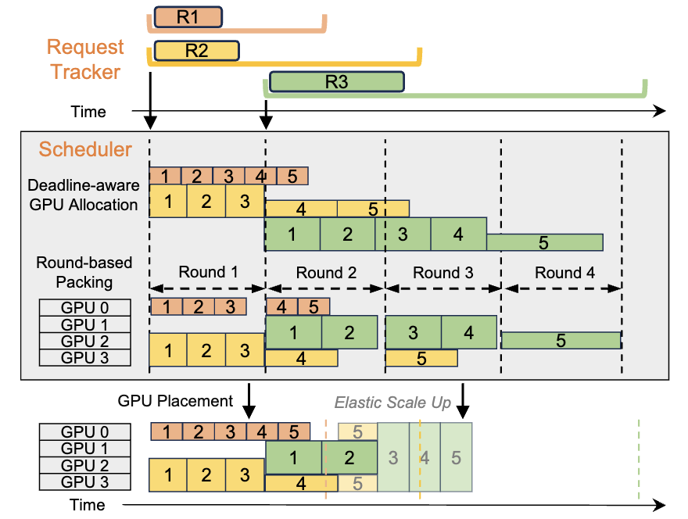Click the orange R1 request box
[188, 17]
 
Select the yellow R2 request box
[196, 51]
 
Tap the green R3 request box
[336, 82]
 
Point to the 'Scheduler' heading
[85, 149]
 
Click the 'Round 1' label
[207, 272]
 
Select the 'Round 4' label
[559, 272]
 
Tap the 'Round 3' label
[443, 272]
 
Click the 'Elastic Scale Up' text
[393, 403]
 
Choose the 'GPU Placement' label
[175, 401]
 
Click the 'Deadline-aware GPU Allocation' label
[83, 195]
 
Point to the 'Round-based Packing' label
[84, 272]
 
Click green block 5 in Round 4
[561, 341]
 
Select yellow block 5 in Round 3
[421, 358]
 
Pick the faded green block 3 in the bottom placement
[393, 456]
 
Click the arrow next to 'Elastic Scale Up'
[464, 401]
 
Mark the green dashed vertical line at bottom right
[639, 460]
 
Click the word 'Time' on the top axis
[88, 112]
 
